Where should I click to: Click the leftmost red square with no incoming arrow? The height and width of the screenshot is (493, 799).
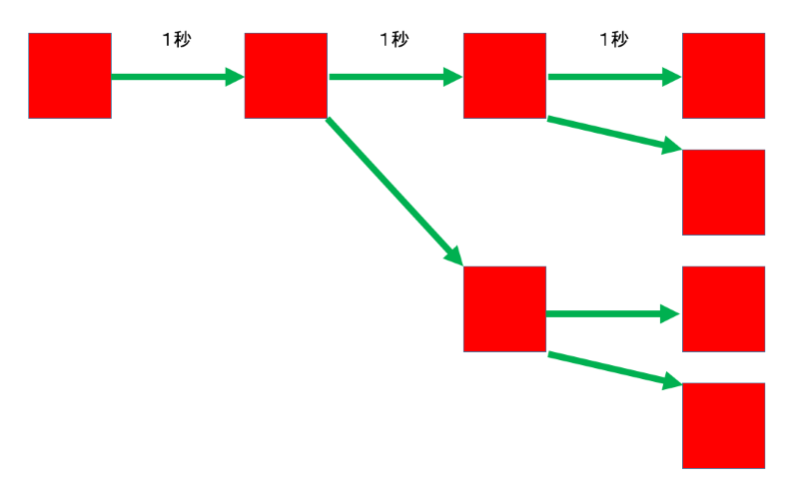point(70,76)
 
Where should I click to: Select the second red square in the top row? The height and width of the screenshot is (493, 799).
point(287,76)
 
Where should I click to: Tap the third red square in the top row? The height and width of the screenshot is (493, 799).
point(505,76)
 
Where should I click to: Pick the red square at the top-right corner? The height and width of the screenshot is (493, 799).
point(723,76)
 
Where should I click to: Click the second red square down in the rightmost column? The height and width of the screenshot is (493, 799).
point(723,193)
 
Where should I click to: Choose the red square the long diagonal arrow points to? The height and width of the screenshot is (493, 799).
point(505,309)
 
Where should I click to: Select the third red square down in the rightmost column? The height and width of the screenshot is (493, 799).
point(723,309)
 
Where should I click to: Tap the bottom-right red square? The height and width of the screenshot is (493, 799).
point(723,426)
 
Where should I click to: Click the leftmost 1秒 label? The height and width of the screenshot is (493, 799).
point(176,40)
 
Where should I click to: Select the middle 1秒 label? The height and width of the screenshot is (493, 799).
point(394,40)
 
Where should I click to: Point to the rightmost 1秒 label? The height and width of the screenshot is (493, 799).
point(613,40)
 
